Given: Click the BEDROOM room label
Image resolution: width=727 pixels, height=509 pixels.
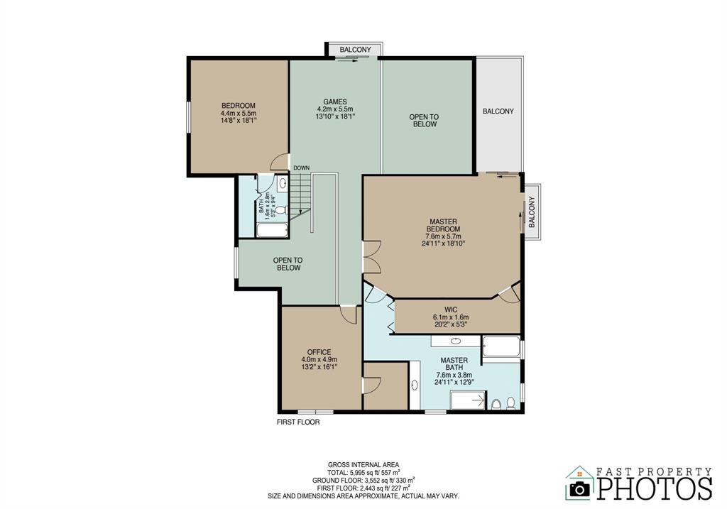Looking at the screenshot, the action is pos(239,106).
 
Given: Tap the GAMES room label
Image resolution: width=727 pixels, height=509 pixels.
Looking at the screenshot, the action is pos(335,102).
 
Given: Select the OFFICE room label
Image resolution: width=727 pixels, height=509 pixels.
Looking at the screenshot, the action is pos(319,352).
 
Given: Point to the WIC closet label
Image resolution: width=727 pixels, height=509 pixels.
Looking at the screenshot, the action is pos(451,310).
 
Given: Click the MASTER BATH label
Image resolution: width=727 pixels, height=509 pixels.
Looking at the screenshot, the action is pos(454,363).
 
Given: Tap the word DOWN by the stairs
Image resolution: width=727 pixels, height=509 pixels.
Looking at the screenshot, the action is pos(301,168).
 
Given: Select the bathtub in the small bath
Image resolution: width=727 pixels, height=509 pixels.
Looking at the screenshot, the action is pos(272,230).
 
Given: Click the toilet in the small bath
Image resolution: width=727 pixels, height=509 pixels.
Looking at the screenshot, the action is pos(281,211).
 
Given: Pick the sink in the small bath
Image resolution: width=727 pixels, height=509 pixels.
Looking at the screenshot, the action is pos(283,184).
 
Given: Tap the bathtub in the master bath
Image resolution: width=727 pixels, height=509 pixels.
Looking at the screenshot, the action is pos(501,346).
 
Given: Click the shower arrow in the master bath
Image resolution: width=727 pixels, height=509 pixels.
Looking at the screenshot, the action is pos(478,399).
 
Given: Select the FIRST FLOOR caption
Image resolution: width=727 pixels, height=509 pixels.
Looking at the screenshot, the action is pos(298,422).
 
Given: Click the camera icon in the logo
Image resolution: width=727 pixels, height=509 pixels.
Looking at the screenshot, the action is pos(579,488).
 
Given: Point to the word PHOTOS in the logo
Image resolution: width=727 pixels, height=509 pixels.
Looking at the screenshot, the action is pos(654,488).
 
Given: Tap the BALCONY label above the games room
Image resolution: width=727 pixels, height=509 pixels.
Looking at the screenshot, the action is pos(355,50).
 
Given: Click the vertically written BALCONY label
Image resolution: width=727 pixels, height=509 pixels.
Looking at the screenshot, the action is pos(531,212).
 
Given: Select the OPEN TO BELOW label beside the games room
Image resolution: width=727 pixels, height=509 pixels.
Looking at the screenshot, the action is pos(424,121).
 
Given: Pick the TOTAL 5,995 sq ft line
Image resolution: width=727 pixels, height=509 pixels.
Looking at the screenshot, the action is pos(363,473).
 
